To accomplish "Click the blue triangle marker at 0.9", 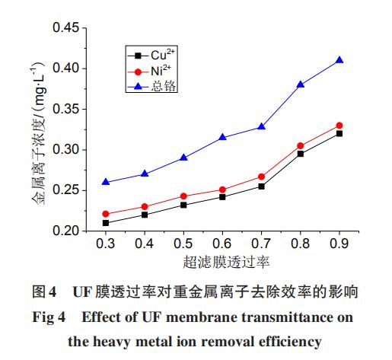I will [x=339, y=60].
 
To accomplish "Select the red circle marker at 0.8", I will [x=301, y=145].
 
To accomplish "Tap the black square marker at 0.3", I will [x=106, y=222].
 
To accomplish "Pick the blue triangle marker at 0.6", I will [x=222, y=137].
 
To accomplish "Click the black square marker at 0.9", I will [x=339, y=133].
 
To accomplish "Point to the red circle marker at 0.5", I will [x=183, y=196].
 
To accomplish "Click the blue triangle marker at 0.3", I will [x=106, y=182].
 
